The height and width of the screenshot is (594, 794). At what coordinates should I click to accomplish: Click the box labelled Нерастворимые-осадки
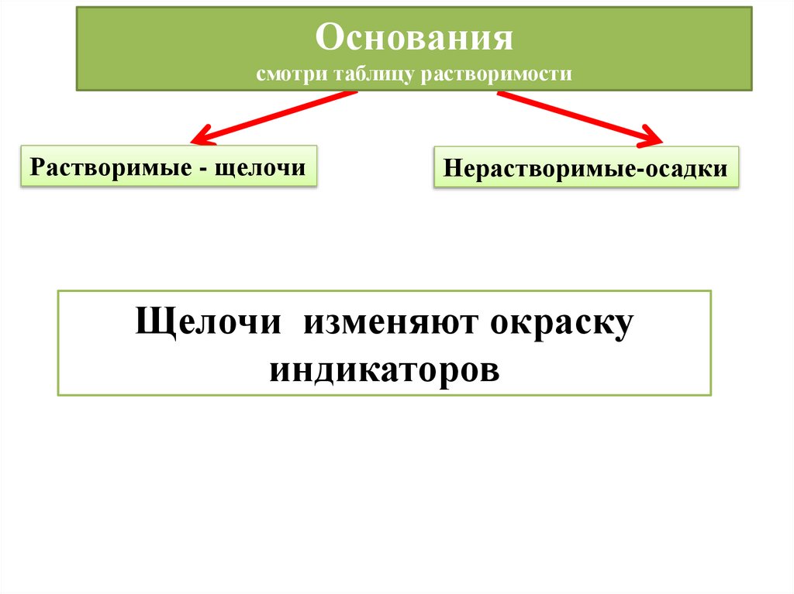point(585,168)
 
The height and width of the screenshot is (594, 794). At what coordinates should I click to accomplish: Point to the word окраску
point(561,322)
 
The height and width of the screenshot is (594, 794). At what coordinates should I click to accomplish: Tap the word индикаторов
point(384,369)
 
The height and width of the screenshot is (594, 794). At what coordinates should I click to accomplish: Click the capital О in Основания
point(329,38)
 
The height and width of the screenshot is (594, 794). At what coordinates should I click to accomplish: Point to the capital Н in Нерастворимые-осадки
point(451,168)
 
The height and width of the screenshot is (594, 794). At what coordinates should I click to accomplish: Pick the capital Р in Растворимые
point(37,167)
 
